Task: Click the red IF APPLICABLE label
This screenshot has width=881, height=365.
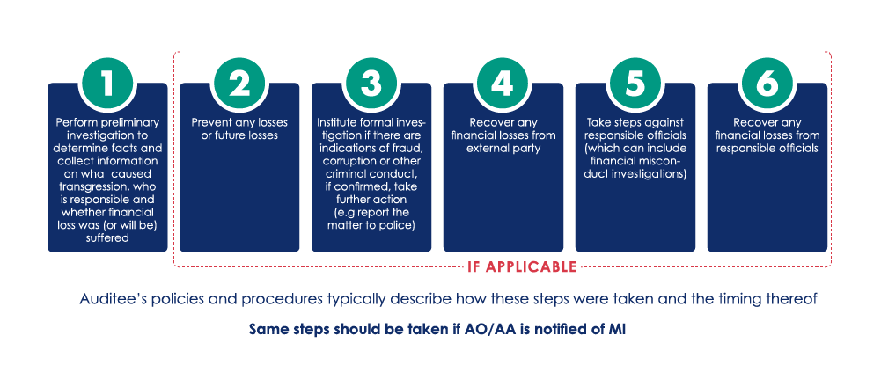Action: click(521, 266)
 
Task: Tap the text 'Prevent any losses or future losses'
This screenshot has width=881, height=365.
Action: click(239, 129)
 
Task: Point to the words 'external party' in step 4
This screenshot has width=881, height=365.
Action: click(503, 149)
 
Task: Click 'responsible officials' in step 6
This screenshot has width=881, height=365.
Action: click(767, 149)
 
